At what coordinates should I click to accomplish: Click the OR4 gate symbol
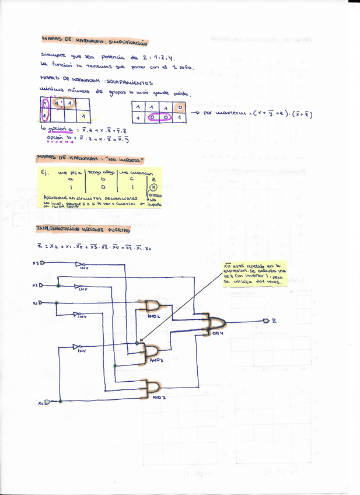(214, 322)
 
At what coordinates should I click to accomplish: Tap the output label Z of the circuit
(274, 320)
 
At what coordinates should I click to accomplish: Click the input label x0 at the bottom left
(40, 402)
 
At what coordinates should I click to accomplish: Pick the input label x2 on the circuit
(36, 285)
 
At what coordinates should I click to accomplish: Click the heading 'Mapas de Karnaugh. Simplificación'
(94, 41)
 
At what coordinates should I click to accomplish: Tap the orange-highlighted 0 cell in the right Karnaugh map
(180, 108)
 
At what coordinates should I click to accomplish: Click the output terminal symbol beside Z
(265, 320)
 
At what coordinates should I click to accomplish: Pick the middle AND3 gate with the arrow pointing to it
(150, 351)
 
